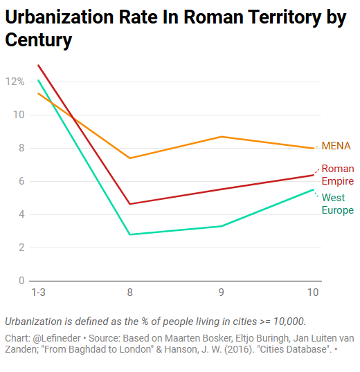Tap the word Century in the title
point(39,40)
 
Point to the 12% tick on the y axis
point(15,82)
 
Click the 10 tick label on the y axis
point(19,115)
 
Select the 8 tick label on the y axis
point(21,148)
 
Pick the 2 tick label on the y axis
point(21,248)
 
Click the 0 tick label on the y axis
point(21,281)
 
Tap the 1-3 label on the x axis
point(39,292)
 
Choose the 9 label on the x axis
point(222,292)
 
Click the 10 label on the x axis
point(313,292)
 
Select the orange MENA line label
point(336,146)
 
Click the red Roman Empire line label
point(337,175)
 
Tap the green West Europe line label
point(337,204)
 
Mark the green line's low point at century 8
point(130,234)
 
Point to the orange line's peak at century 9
point(222,137)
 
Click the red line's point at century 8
point(130,204)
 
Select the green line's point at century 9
point(222,226)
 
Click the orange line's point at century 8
point(130,158)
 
